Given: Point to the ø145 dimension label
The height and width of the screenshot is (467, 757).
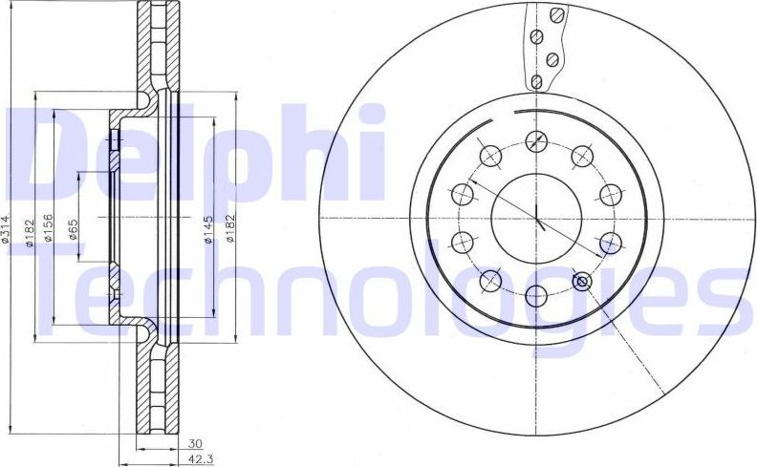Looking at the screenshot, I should click(207, 230).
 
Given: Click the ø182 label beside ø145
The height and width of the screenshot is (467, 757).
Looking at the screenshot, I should click(230, 230).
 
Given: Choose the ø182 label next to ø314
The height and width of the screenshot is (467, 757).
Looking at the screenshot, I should click(30, 230).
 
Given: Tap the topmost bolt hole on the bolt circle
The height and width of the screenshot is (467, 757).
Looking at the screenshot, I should click(537, 140).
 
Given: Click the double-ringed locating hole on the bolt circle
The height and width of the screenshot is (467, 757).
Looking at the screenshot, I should click(581, 281).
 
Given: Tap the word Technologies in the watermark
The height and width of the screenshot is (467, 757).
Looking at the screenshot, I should click(401, 287).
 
